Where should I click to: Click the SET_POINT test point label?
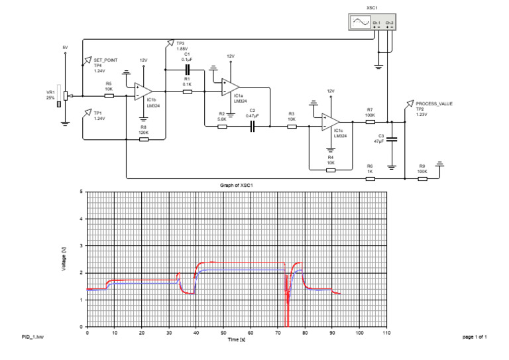(x=105, y=60)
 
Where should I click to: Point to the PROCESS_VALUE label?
(x=434, y=104)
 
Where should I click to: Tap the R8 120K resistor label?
(x=143, y=130)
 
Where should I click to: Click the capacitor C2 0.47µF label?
(x=252, y=113)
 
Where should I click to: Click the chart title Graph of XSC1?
(x=237, y=184)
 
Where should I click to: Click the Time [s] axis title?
(x=237, y=339)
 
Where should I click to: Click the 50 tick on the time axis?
(x=223, y=333)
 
